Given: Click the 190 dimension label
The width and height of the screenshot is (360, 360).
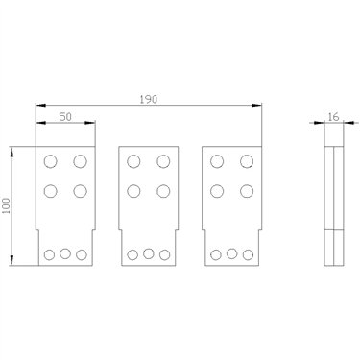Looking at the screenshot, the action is [149, 99].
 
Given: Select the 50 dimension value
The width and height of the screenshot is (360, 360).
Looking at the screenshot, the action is [65, 117].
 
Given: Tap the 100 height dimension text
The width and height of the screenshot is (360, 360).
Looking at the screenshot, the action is [7, 205].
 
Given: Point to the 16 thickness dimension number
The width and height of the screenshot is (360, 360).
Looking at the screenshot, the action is [334, 117].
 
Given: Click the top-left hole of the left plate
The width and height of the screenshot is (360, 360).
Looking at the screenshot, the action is [51, 161].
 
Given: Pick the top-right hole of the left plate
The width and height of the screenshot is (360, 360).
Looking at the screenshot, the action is [80, 161].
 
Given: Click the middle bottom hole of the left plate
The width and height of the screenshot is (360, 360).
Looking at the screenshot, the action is [65, 253].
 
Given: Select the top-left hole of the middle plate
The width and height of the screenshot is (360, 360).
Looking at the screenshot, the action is [133, 161].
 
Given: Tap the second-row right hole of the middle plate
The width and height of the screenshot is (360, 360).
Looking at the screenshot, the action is [163, 191].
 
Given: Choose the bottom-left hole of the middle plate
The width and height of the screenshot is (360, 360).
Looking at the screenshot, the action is [132, 255].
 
